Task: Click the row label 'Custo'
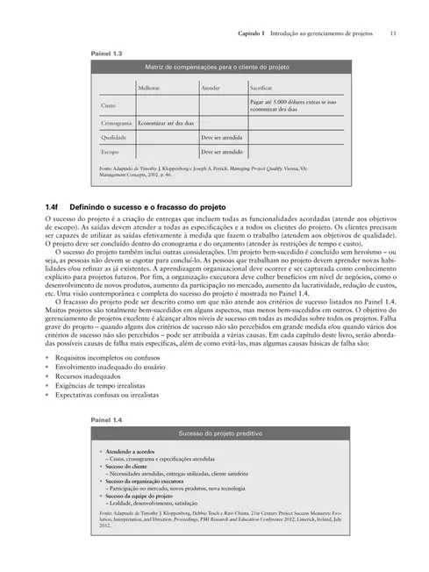pyautogui.click(x=110, y=107)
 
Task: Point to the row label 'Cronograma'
pyautogui.click(x=117, y=124)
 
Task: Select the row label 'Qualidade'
pyautogui.click(x=114, y=138)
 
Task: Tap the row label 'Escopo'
pyautogui.click(x=111, y=151)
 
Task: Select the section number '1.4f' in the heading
pyautogui.click(x=54, y=205)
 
